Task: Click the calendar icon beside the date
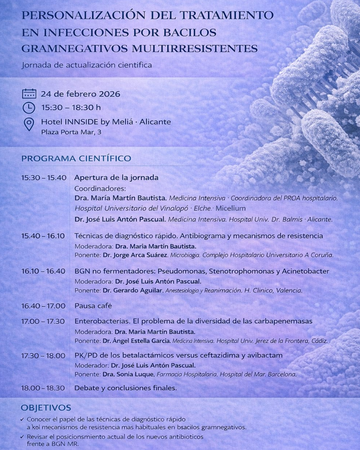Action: pyautogui.click(x=29, y=94)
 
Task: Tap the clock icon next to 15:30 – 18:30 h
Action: pyautogui.click(x=29, y=107)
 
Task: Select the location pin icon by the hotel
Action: pyautogui.click(x=29, y=124)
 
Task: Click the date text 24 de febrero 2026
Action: pyautogui.click(x=80, y=94)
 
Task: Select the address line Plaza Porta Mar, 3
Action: pyautogui.click(x=71, y=132)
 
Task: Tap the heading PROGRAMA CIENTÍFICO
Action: pyautogui.click(x=76, y=158)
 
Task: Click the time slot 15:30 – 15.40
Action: pyautogui.click(x=44, y=178)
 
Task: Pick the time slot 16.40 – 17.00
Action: pyautogui.click(x=44, y=305)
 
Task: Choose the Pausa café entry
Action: pyautogui.click(x=93, y=305)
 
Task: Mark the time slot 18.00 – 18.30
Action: pyautogui.click(x=43, y=388)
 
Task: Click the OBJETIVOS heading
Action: pyautogui.click(x=46, y=408)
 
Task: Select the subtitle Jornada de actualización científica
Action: pyautogui.click(x=87, y=65)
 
